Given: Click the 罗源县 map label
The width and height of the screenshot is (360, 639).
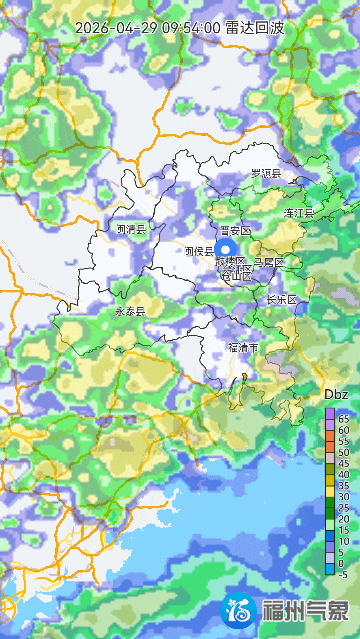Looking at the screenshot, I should tap(266, 173).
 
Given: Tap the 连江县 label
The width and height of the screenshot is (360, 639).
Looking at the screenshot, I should tap(298, 213).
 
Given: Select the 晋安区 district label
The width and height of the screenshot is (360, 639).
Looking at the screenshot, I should tap(235, 230).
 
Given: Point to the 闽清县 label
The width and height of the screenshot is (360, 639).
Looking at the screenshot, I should tap(131, 229).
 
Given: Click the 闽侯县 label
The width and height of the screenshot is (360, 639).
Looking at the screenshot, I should tap(199, 252).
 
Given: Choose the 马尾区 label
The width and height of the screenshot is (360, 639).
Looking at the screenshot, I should tap(269, 262).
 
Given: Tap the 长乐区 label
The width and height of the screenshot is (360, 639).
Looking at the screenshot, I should tap(282, 299).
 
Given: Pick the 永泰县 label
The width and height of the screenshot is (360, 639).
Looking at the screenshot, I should tap(130, 311).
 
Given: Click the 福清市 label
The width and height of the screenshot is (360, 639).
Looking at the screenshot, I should tap(243, 348).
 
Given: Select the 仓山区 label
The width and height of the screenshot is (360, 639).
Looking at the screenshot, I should tap(235, 273).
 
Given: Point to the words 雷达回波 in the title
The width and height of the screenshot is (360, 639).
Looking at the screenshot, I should tap(254, 28).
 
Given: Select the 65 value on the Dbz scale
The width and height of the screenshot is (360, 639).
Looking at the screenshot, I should tap(343, 419).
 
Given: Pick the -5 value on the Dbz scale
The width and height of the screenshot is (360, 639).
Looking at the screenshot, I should tap(343, 574).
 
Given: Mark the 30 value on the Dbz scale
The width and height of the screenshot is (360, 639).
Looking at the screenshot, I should tap(343, 497).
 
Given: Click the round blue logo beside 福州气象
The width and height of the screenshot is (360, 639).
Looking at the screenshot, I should tap(240, 610).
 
